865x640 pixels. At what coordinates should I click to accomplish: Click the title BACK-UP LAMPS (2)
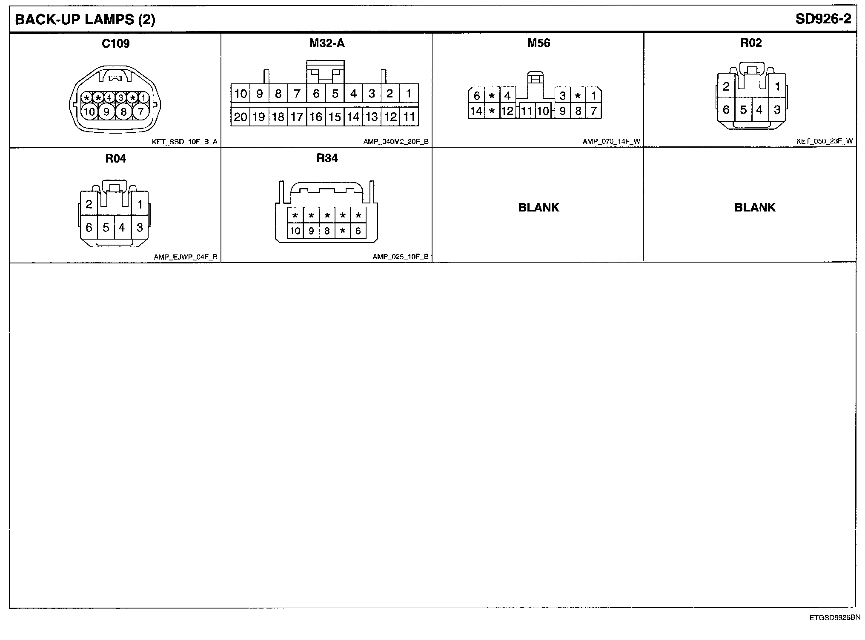[85, 20]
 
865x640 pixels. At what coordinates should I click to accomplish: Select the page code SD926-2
[823, 20]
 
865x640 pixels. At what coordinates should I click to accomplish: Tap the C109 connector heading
[115, 43]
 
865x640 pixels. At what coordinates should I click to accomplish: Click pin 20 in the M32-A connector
[241, 117]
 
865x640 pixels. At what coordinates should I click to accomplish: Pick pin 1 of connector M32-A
[409, 93]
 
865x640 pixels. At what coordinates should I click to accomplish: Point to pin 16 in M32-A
[316, 117]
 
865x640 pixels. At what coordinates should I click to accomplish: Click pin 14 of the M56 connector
[476, 111]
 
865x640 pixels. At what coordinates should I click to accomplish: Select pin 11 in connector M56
[527, 111]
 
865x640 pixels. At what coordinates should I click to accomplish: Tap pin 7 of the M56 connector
[593, 111]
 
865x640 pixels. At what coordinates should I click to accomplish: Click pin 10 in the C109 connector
[89, 112]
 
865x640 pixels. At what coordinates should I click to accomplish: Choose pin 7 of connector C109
[140, 112]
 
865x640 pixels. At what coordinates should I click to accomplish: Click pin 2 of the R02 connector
[726, 87]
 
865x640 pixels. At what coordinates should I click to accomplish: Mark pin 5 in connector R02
[743, 110]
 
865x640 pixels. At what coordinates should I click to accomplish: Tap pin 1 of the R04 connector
[140, 205]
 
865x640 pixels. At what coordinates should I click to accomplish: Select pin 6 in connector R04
[89, 228]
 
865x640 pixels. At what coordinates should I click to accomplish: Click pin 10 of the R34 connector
[295, 231]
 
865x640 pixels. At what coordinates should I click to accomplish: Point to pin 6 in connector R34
[358, 231]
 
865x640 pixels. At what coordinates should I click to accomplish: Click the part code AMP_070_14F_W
[611, 142]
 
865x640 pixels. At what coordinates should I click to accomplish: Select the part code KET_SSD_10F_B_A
[184, 142]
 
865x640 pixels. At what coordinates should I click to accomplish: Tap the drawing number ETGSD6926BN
[835, 617]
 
